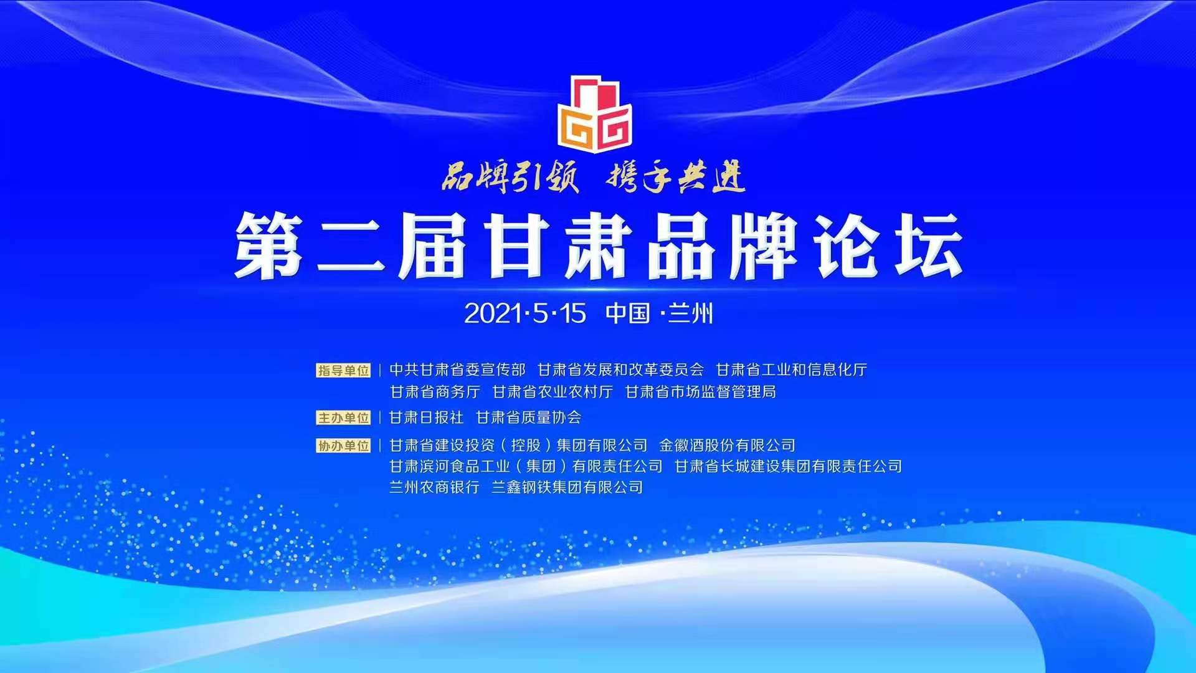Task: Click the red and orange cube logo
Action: coord(595,114)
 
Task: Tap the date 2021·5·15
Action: coord(525,313)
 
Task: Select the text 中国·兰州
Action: coord(659,313)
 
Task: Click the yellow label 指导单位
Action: coord(343,371)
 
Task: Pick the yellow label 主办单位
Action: coord(343,418)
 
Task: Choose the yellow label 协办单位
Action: coord(343,446)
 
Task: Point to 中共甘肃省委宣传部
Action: coord(457,370)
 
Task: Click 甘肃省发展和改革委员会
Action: coord(620,370)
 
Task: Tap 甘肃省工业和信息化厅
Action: coord(791,370)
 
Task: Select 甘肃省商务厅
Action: coord(435,392)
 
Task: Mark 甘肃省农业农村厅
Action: coord(553,392)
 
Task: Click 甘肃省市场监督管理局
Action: coord(700,392)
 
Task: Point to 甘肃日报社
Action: coord(427,418)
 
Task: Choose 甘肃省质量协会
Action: coord(528,418)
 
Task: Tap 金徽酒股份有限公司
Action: coord(727,446)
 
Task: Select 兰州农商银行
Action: coord(434,487)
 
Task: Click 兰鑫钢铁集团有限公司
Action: coord(567,487)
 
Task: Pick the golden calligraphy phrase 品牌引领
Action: coord(510,177)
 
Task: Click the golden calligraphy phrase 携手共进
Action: coord(676,177)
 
